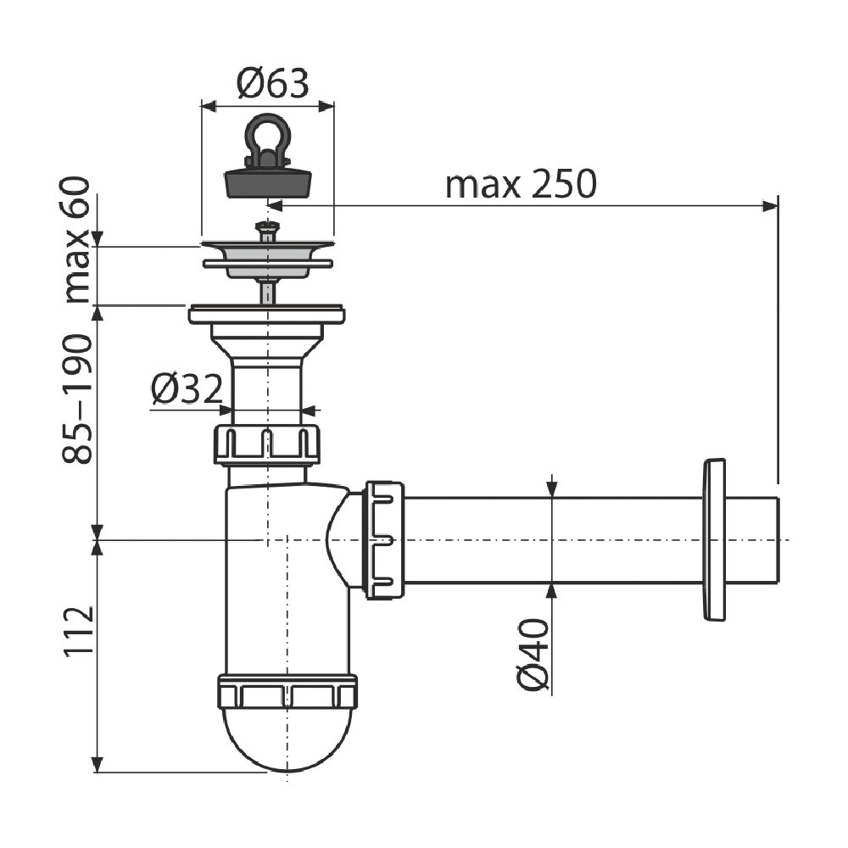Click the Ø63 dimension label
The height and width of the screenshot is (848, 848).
pyautogui.click(x=273, y=83)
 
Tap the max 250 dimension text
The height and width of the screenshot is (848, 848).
pyautogui.click(x=521, y=184)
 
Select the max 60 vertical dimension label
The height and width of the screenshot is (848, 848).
pyautogui.click(x=77, y=240)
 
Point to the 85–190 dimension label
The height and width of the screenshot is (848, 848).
pyautogui.click(x=77, y=399)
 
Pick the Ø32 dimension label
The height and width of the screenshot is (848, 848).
pyautogui.click(x=187, y=389)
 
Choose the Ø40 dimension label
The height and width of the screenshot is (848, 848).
pyautogui.click(x=533, y=655)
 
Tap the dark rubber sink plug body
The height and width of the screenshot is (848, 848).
pyautogui.click(x=268, y=183)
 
